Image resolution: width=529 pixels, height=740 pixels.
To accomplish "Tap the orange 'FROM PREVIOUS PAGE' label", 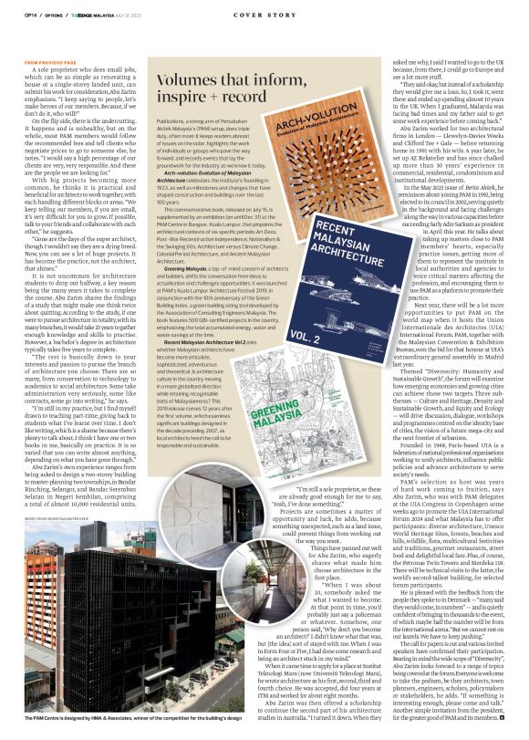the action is click(x=56, y=62).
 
